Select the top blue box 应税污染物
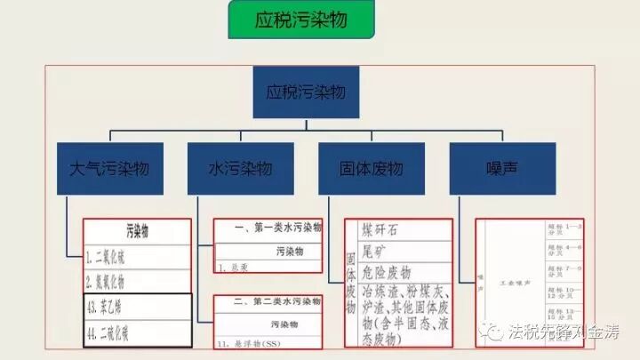pos(306,92)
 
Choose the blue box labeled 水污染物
pos(239,167)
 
